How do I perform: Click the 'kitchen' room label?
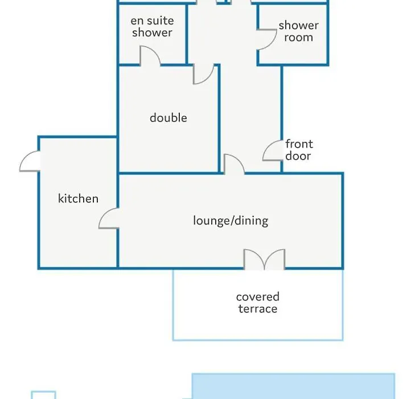click(78, 198)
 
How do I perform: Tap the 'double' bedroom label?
click(168, 117)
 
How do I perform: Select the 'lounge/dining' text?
click(231, 221)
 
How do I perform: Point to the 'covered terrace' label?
click(258, 303)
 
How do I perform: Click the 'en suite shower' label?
click(153, 26)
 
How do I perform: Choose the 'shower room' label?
click(298, 31)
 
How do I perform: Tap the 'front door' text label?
click(299, 149)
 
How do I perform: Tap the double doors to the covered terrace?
click(264, 259)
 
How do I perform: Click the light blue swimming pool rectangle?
click(293, 386)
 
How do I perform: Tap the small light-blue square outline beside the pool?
click(43, 392)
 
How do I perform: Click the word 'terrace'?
click(258, 308)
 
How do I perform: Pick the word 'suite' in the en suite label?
click(160, 21)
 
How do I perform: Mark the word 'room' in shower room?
click(298, 37)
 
